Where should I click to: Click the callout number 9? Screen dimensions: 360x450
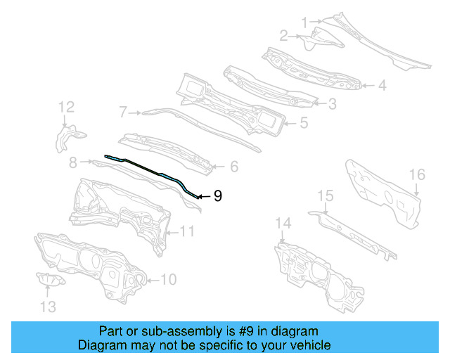218,196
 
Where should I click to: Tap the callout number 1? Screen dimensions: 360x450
304,22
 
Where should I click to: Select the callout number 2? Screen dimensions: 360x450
284,35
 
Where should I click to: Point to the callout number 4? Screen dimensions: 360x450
382,86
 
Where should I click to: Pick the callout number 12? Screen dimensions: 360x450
66,107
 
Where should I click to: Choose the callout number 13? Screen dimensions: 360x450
48,306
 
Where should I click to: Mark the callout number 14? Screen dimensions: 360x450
283,224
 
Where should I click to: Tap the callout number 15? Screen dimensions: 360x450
325,195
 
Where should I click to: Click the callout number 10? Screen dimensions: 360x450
169,280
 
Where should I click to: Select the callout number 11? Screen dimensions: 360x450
186,231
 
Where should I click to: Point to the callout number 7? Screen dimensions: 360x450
122,111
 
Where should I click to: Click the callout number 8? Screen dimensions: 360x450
72,162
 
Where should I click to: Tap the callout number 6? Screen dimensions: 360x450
234,167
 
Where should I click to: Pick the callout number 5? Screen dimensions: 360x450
304,122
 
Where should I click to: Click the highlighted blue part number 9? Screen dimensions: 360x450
151,171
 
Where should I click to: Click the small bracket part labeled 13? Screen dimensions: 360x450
51,281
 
